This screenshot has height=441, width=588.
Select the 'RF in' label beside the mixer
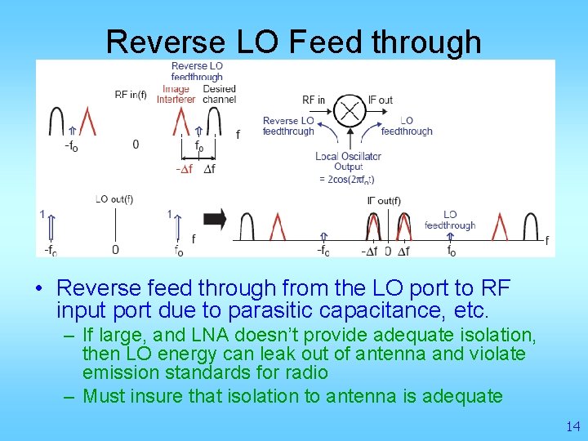click(x=314, y=100)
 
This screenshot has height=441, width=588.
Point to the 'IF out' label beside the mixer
click(x=380, y=100)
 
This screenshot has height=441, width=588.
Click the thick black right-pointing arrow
click(x=215, y=219)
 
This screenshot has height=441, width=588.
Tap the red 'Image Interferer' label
click(x=176, y=94)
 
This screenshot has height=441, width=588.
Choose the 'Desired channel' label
click(x=218, y=94)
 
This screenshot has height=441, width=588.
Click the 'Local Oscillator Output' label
click(x=348, y=161)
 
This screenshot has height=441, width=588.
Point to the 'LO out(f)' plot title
click(x=114, y=198)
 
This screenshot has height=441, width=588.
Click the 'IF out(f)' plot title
click(x=384, y=201)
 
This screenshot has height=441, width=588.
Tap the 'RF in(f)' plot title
click(x=131, y=95)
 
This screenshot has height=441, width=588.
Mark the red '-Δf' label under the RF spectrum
click(x=184, y=169)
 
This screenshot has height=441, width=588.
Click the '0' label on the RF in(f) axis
click(x=136, y=145)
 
